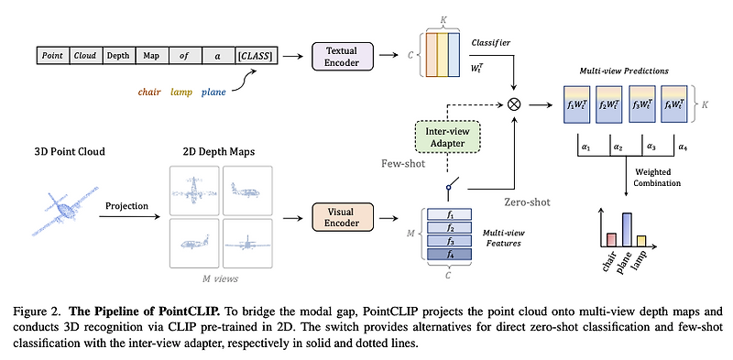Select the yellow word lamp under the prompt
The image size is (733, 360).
(x=181, y=93)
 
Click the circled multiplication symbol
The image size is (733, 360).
(x=513, y=104)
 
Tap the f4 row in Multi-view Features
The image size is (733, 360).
(x=449, y=254)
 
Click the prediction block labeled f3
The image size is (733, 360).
(x=641, y=104)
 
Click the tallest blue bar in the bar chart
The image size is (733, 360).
(x=628, y=230)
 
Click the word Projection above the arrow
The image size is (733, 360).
(x=126, y=206)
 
